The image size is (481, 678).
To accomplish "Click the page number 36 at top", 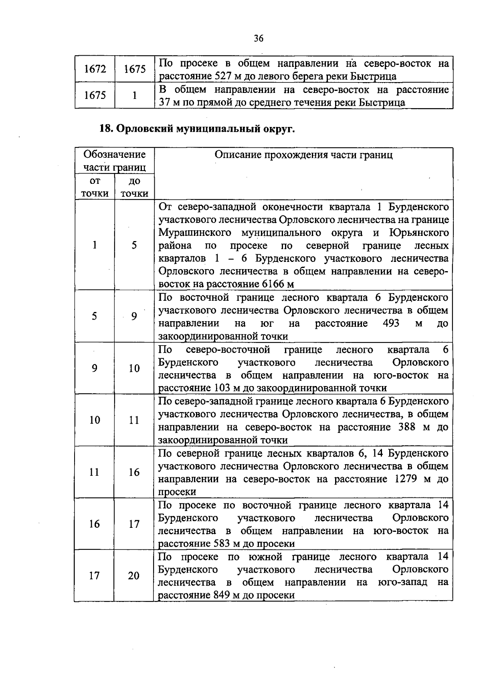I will [x=259, y=38].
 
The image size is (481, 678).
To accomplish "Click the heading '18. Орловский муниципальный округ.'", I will [x=197, y=129].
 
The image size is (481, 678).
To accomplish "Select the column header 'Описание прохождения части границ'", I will [x=303, y=155].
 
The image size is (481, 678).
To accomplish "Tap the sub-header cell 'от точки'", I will [x=95, y=187].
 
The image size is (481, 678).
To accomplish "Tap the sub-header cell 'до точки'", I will [x=134, y=187].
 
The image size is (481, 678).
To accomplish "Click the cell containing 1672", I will [x=95, y=69].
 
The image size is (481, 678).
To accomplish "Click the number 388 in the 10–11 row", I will [x=407, y=427].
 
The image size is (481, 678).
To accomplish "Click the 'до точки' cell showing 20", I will [x=134, y=576].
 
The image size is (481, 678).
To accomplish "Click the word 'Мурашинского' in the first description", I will [x=195, y=233].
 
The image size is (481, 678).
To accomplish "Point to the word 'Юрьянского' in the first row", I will [x=418, y=233].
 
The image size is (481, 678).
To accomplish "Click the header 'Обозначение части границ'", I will [x=114, y=161].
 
